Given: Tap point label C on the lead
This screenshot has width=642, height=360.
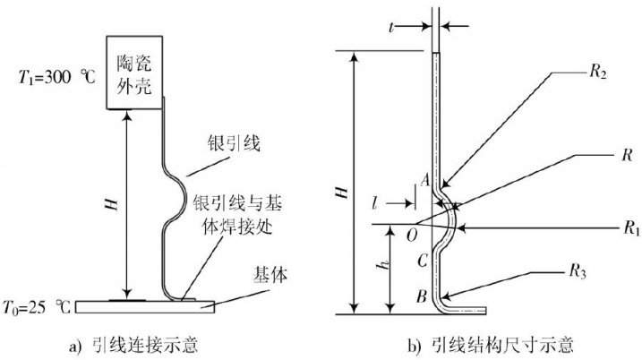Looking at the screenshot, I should click(420, 260).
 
